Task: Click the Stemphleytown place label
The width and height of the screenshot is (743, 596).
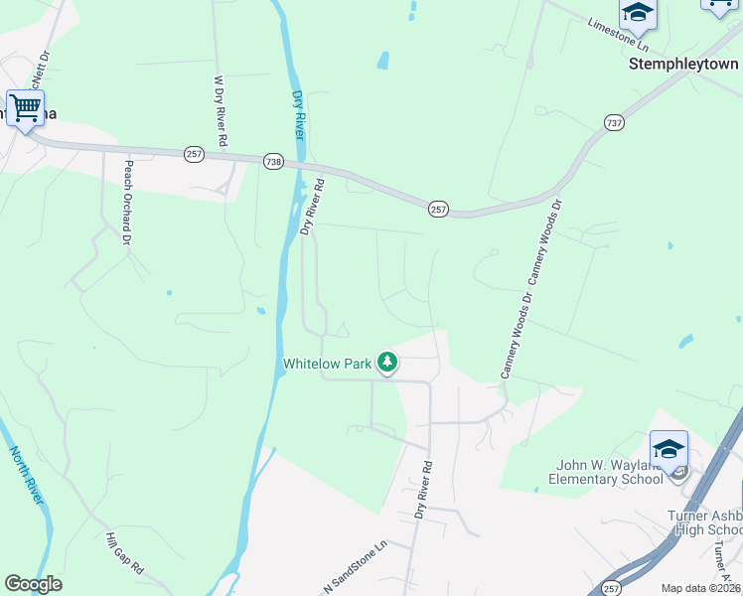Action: pos(685,63)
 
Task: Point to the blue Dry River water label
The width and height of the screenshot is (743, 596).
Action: pos(297,113)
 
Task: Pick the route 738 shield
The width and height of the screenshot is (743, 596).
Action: pos(274,161)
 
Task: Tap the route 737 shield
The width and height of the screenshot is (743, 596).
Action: pos(614,122)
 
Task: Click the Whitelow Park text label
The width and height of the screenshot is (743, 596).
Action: pos(327,364)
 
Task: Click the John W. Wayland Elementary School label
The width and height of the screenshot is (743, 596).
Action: pos(607,472)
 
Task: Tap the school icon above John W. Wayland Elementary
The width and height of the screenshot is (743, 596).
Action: pos(669,449)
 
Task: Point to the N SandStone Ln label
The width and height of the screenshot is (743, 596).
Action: pos(356,569)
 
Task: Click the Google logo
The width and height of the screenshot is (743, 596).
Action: pos(33,584)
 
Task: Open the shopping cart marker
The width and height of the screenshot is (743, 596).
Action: pos(25,106)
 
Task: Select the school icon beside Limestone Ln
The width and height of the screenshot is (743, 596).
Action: pos(638,12)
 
